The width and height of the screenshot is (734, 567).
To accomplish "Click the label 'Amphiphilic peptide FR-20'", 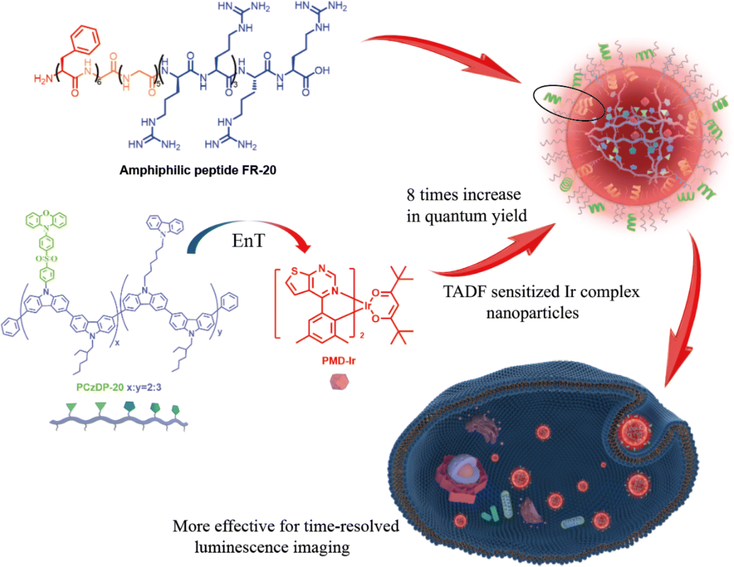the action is (198, 170).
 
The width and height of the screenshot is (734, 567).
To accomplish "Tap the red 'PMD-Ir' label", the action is (338, 361).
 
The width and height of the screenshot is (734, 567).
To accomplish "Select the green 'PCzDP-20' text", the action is (100, 387).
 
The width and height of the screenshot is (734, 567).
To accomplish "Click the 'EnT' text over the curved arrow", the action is (248, 241).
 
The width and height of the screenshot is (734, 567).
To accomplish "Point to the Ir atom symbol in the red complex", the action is (367, 306).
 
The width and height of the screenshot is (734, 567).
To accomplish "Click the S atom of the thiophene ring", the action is (294, 271).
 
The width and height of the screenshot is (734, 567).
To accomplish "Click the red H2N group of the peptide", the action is (43, 79).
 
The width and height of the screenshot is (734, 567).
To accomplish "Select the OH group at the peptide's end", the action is (322, 70).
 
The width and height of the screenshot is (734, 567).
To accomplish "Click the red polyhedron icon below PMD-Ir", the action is (339, 382).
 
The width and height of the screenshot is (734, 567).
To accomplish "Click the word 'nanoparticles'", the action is (532, 313).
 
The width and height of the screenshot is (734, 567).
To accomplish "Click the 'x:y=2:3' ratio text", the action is (144, 388).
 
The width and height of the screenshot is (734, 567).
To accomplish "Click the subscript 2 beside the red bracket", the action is (362, 336).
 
